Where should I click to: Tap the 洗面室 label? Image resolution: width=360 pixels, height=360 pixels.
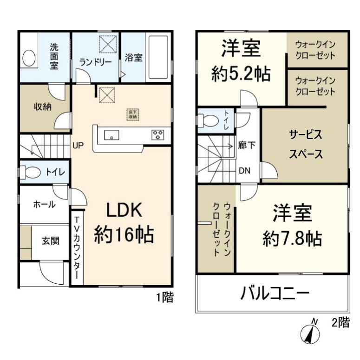point(54,56)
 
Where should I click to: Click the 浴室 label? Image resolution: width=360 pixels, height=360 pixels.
point(134,58)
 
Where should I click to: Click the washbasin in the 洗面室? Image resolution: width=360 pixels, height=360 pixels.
point(29,59)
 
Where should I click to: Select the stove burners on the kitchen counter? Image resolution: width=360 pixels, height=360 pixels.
point(158,135)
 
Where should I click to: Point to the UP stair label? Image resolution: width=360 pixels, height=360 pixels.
point(78,145)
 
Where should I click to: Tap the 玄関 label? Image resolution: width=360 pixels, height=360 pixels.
point(51,241)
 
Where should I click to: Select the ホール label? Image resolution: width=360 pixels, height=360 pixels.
point(44,204)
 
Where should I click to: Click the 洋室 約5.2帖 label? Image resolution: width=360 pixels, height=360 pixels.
point(241,60)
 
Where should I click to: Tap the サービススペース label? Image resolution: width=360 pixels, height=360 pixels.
point(306,144)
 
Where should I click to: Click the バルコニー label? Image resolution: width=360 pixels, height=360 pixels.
point(275,294)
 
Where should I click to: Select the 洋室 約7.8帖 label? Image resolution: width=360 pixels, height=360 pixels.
point(292,226)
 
